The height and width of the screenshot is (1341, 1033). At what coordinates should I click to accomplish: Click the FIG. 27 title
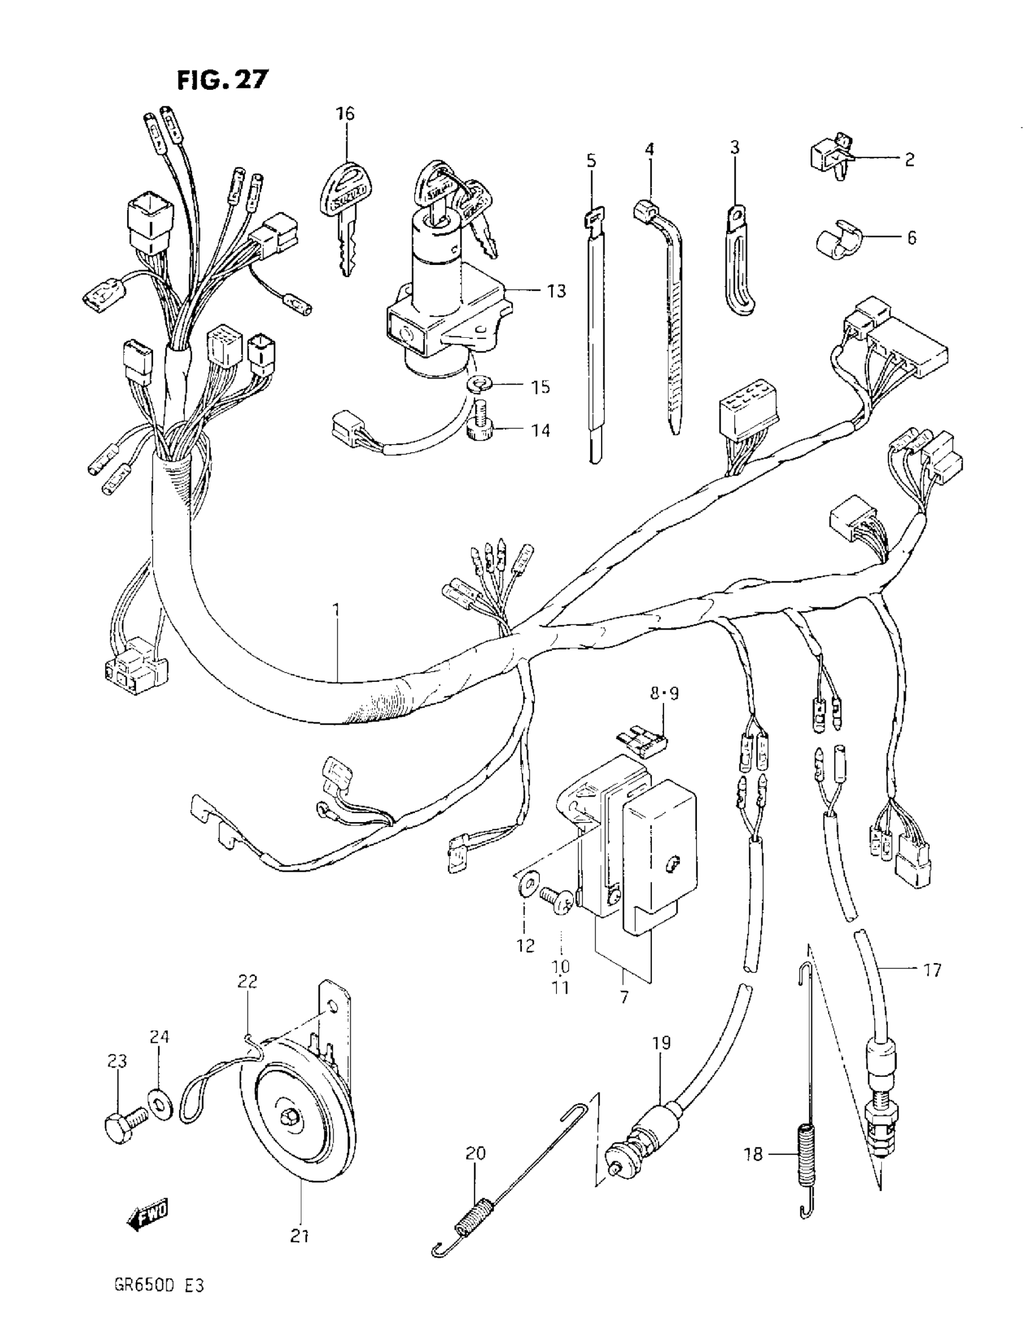tap(223, 80)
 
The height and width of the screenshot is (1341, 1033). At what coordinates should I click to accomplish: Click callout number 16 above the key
tap(345, 114)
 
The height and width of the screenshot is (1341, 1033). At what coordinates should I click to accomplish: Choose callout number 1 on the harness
tap(336, 609)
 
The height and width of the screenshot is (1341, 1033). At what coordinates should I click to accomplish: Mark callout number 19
tap(662, 1043)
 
